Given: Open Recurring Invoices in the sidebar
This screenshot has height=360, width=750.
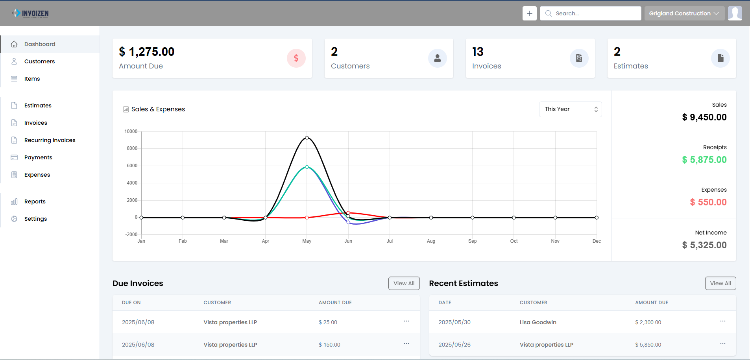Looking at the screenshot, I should tap(50, 140).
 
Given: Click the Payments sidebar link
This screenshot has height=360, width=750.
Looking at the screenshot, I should tap(38, 157).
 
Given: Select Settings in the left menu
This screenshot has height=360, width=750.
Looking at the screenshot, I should tap(35, 219).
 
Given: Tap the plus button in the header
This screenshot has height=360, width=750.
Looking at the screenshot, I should tap(529, 13).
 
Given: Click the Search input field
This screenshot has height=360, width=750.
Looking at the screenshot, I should tap(594, 13).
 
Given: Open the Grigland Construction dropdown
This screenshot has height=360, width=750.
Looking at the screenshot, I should tap(684, 13).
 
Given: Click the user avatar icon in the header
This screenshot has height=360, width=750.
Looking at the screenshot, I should tap(735, 13).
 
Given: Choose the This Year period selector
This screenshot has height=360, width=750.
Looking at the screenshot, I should tap(570, 109).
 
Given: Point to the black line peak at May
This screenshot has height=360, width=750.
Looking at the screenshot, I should tap(307, 138).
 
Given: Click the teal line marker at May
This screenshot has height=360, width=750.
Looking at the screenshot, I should tap(307, 167).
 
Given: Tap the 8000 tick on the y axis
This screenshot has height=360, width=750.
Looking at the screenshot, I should tap(132, 148).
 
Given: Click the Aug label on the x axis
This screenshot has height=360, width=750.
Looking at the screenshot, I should tap(431, 241).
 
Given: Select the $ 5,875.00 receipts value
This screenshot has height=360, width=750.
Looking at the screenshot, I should tap(704, 160).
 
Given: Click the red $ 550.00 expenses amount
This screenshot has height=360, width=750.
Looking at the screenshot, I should tap(708, 202).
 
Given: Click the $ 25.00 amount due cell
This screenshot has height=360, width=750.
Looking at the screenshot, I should tap(328, 322).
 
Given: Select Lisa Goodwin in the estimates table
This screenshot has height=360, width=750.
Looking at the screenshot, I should tap(538, 322).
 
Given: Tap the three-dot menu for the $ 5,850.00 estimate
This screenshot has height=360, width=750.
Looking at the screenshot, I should tap(722, 344).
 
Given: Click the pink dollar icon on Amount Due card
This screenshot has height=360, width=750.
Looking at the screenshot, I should tap(296, 58).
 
